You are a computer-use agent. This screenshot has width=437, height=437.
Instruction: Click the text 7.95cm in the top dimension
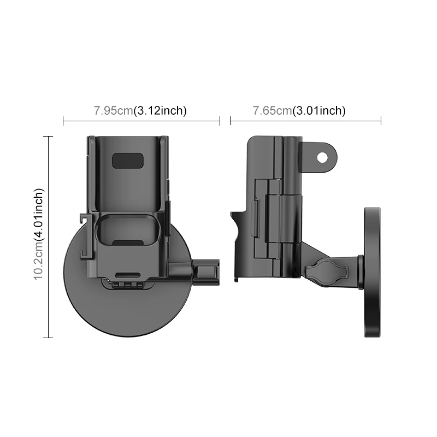[113, 110]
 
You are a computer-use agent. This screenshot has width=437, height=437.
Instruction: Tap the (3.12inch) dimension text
[161, 110]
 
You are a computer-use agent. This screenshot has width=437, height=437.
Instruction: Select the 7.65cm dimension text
[272, 110]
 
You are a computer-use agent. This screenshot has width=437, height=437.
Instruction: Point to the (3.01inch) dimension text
[319, 110]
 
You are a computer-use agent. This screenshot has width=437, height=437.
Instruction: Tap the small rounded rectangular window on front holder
[127, 161]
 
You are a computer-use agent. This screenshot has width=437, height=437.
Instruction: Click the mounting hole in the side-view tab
[322, 157]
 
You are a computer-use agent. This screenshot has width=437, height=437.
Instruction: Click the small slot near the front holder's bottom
[129, 275]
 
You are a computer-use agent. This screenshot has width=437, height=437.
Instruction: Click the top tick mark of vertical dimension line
[49, 136]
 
